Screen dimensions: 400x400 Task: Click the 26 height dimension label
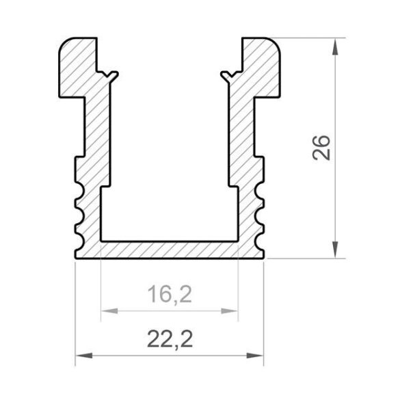pos(321,148)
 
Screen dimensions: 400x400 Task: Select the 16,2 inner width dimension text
pos(170,295)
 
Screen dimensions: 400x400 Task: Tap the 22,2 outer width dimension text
pos(170,339)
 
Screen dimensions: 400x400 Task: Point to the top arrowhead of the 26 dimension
pos(335,46)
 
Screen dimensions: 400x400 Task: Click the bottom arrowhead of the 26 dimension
pos(335,250)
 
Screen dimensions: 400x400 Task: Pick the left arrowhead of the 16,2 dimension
pos(109,311)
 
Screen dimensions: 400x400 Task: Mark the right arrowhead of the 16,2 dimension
pos(229,311)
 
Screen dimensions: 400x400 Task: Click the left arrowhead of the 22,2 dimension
pos(84,356)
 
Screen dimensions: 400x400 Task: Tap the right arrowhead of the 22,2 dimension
pos(254,356)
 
